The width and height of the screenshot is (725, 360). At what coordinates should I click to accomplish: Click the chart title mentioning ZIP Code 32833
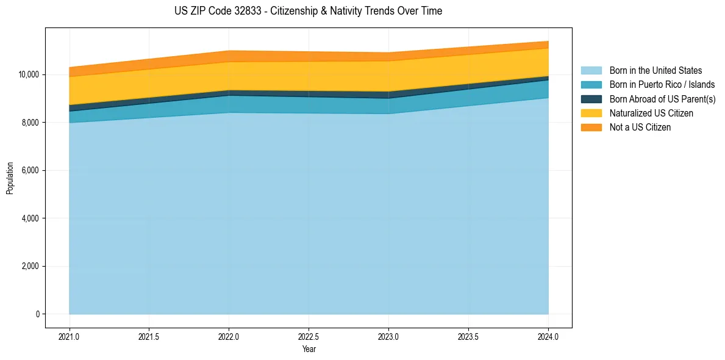308,11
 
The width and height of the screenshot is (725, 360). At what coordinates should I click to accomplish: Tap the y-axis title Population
10,178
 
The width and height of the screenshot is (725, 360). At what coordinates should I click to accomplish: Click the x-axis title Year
309,350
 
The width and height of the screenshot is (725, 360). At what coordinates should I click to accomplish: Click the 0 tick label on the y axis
37,314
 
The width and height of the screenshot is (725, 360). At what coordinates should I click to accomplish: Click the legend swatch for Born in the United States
591,71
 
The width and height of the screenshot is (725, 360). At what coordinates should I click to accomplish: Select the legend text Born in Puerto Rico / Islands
662,85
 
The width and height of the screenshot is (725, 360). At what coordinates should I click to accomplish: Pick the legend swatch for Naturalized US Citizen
591,113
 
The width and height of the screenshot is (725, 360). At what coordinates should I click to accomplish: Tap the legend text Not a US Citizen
640,128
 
